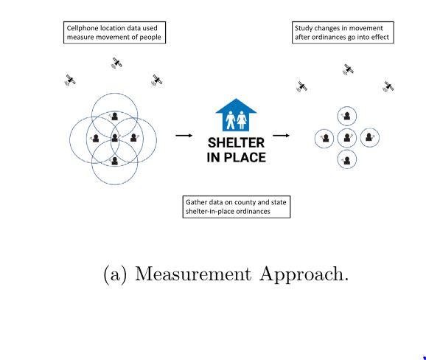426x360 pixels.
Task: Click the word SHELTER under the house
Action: (236, 143)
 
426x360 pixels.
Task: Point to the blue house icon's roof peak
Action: (236, 99)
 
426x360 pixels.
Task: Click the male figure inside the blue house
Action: (231, 120)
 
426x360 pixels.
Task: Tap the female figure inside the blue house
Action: (242, 120)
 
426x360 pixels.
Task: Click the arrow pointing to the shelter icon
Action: (184, 136)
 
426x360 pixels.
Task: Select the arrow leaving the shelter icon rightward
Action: (281, 136)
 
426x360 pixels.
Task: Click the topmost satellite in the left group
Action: (117, 63)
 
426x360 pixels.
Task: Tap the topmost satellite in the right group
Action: (349, 69)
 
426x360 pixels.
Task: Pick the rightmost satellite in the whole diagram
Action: (388, 87)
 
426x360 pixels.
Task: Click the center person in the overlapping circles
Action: (115, 138)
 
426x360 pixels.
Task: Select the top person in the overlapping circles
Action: (114, 117)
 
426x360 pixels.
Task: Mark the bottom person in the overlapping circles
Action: (115, 161)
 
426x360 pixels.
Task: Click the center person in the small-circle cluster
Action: (347, 138)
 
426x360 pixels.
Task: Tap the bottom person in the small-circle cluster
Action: (346, 161)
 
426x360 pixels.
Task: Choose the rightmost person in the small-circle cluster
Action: (369, 137)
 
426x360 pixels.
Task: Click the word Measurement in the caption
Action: (193, 274)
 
